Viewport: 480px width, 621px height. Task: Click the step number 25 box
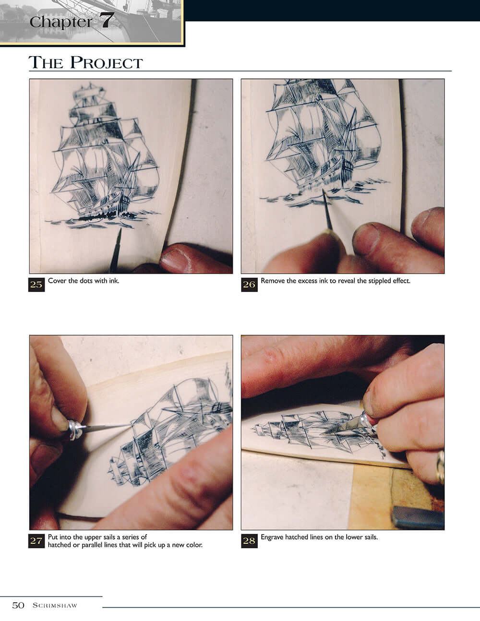(37, 284)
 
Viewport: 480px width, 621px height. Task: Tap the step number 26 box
(249, 284)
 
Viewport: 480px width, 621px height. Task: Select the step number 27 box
(37, 541)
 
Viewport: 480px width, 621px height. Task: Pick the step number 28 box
(249, 541)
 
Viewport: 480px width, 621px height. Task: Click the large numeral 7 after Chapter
(107, 21)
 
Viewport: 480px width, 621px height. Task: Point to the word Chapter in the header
(60, 22)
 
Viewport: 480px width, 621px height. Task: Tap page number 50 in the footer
(18, 605)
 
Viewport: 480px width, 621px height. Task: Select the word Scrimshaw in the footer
(55, 606)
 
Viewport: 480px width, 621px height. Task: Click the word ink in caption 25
(114, 281)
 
